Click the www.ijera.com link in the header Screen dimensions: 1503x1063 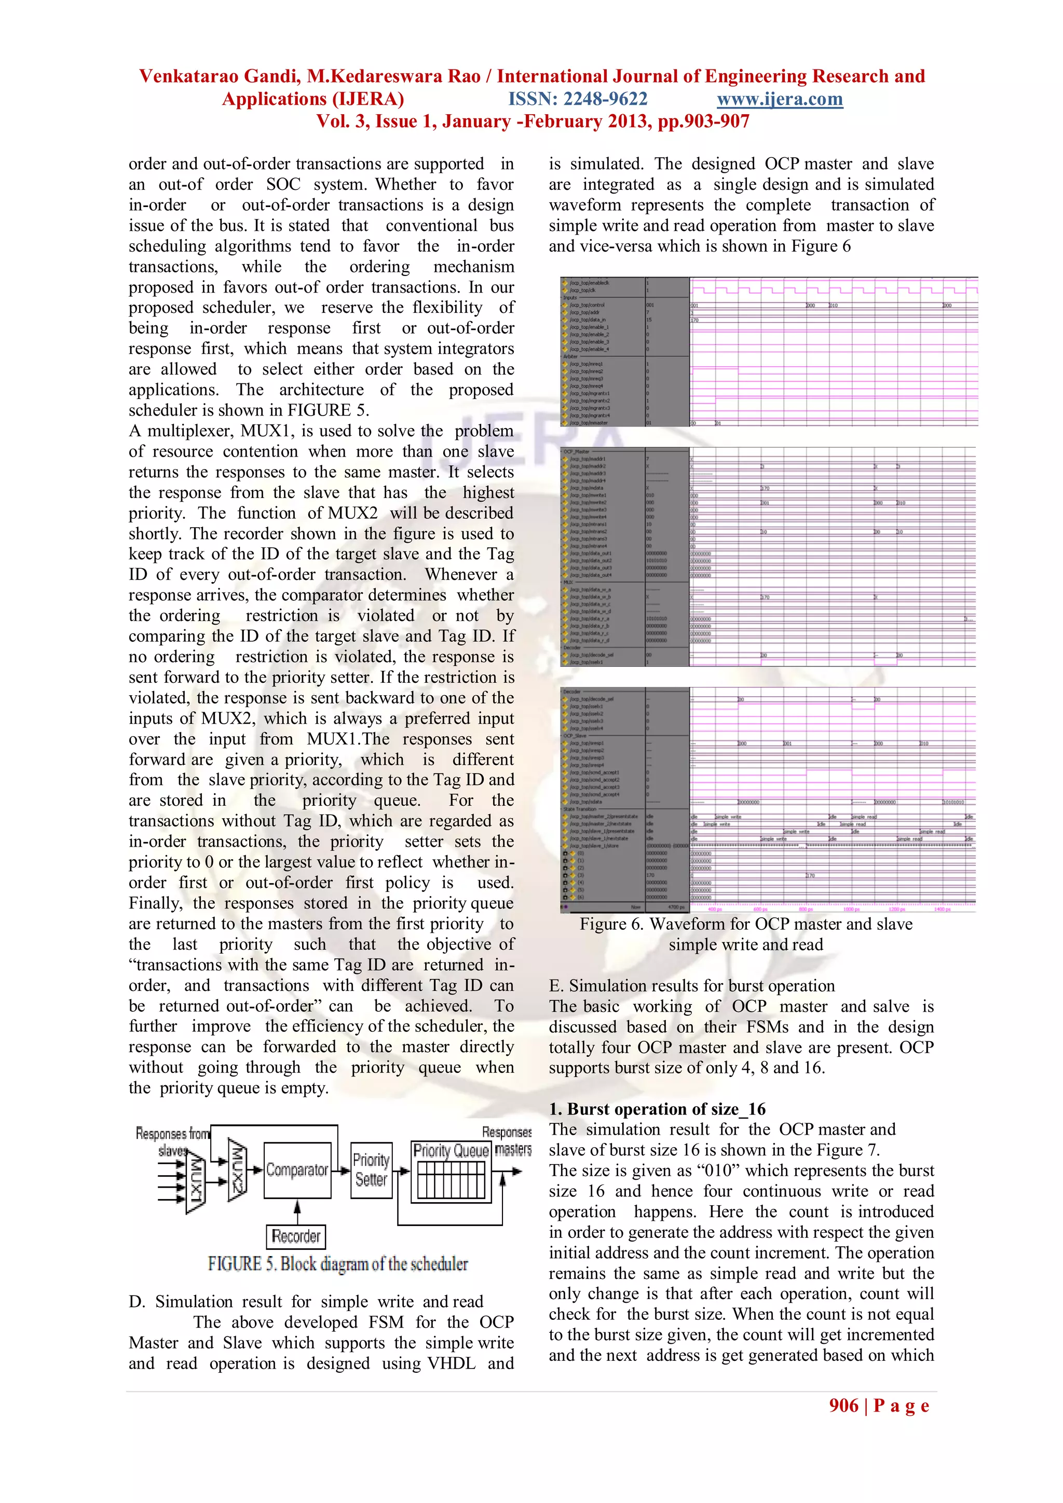pos(780,100)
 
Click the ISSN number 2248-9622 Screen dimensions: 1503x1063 pos(578,100)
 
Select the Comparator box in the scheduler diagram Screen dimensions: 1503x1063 pos(297,1170)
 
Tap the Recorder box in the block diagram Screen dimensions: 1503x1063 pos(296,1236)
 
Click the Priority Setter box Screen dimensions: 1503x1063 pos(371,1170)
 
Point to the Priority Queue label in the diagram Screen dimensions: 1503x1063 pos(451,1151)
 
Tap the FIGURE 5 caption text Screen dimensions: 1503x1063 pos(338,1264)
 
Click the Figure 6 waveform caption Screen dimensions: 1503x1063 pos(745,934)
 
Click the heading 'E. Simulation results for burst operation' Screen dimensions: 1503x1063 pos(692,986)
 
